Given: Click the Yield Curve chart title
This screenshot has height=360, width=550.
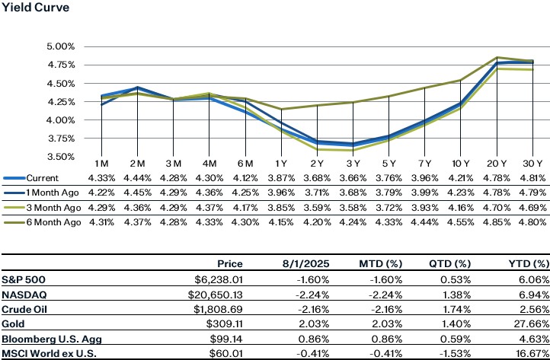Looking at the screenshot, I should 35,8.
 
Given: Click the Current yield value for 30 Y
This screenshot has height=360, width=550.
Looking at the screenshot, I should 531,178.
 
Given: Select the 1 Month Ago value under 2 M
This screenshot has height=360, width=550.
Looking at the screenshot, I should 136,192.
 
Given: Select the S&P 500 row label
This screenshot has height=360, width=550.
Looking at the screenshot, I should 22,279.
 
